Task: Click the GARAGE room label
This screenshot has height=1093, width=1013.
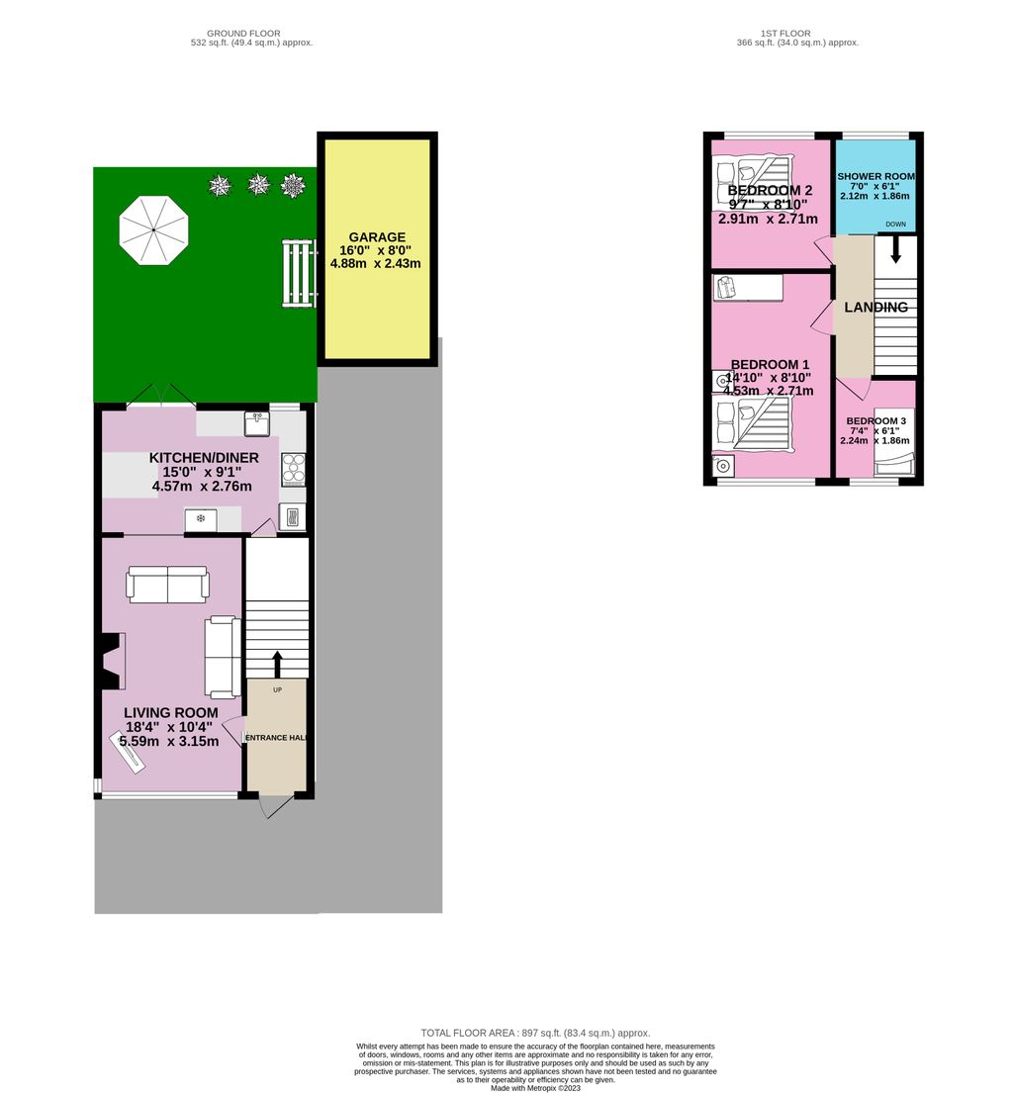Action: (x=377, y=237)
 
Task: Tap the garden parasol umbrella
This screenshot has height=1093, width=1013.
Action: (x=153, y=229)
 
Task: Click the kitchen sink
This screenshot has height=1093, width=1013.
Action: (x=256, y=422)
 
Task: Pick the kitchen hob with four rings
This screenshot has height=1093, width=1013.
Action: (x=294, y=469)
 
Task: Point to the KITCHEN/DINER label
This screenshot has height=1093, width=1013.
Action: (x=204, y=458)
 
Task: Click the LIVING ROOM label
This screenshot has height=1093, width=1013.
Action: (x=171, y=712)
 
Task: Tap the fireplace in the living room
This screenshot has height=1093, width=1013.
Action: (x=110, y=662)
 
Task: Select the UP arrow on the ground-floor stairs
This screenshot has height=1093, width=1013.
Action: (x=277, y=664)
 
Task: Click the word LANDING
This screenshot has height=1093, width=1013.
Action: (x=875, y=308)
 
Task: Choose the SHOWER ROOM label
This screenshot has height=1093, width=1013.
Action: (x=876, y=176)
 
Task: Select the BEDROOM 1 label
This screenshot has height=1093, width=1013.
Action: (x=769, y=364)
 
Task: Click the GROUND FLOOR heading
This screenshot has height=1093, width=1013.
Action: (x=251, y=32)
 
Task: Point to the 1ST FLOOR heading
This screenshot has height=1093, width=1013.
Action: (x=797, y=32)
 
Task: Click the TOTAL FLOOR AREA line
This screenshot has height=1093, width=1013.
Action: (x=535, y=1033)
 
